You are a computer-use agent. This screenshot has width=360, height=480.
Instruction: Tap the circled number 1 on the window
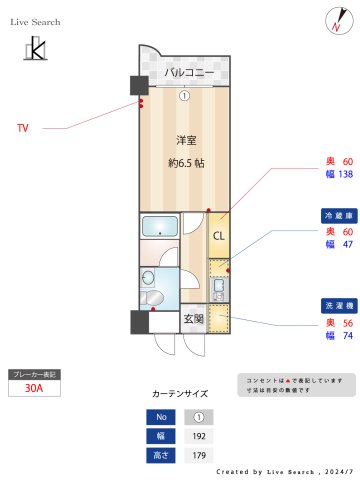pyautogui.click(x=185, y=96)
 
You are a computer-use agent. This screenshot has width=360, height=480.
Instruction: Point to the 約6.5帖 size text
pyautogui.click(x=186, y=163)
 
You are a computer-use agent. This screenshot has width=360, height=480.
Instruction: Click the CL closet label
pyautogui.click(x=217, y=236)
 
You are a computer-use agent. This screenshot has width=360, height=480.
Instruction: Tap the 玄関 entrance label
pyautogui.click(x=194, y=320)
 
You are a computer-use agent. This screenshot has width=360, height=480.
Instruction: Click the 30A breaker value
pyautogui.click(x=36, y=390)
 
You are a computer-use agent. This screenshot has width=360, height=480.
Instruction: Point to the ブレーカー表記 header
pyautogui.click(x=36, y=375)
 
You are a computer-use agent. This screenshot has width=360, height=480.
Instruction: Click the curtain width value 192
pyautogui.click(x=198, y=436)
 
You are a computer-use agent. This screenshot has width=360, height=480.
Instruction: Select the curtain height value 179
pyautogui.click(x=198, y=455)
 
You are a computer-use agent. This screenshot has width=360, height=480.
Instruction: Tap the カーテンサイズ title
pyautogui.click(x=180, y=394)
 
